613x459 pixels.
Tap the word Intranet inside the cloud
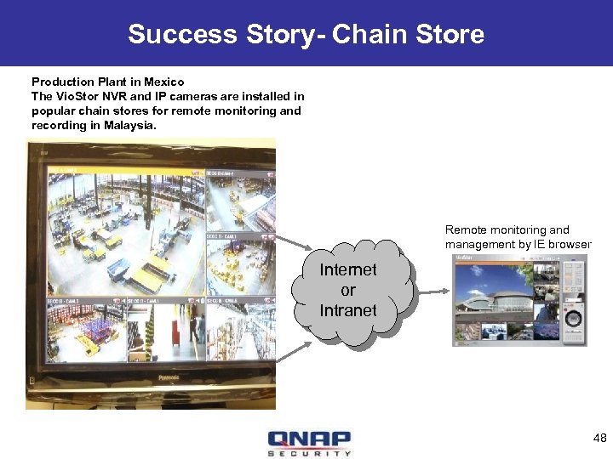347,310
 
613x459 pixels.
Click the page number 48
599,438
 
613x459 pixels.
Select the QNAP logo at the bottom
308,439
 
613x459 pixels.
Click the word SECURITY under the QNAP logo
308,453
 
